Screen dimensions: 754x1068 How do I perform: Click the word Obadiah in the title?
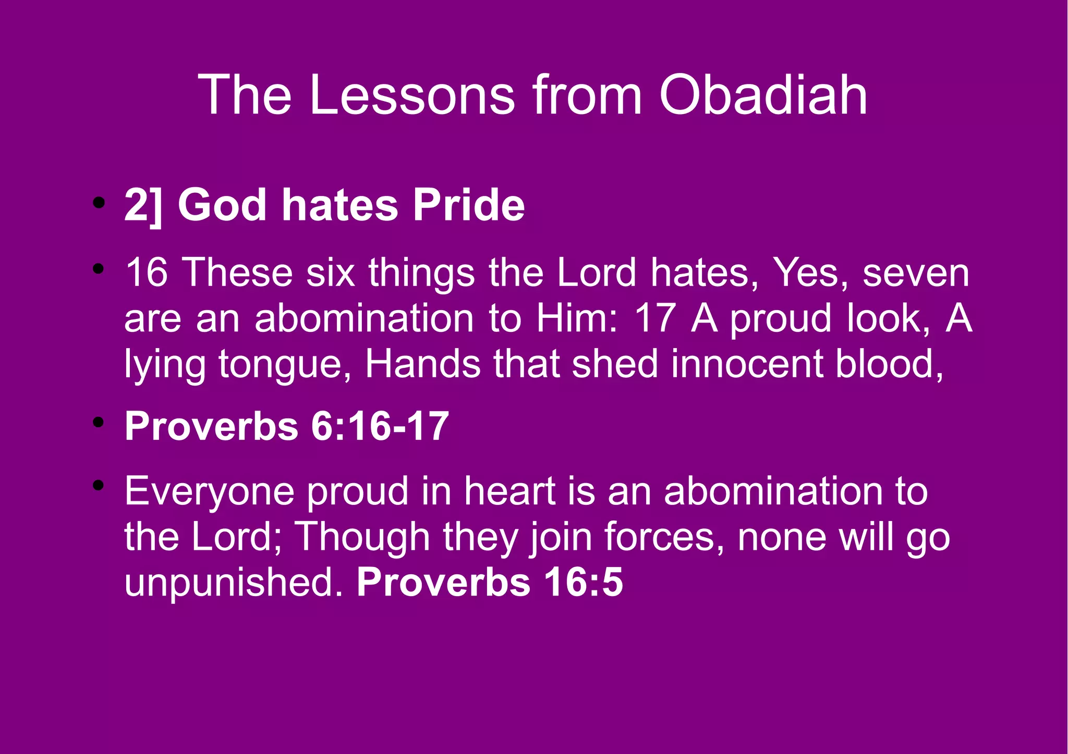763,95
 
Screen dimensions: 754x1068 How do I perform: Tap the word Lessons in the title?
412,95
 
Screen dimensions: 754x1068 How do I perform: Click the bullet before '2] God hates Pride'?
98,203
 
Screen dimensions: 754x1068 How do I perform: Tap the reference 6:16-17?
380,427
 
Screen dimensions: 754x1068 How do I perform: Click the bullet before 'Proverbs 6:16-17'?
98,423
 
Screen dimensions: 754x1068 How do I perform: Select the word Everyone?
209,491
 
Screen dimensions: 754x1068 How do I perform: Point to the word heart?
509,491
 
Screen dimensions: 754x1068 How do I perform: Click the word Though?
362,537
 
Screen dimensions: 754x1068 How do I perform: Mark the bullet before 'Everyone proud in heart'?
98,486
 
